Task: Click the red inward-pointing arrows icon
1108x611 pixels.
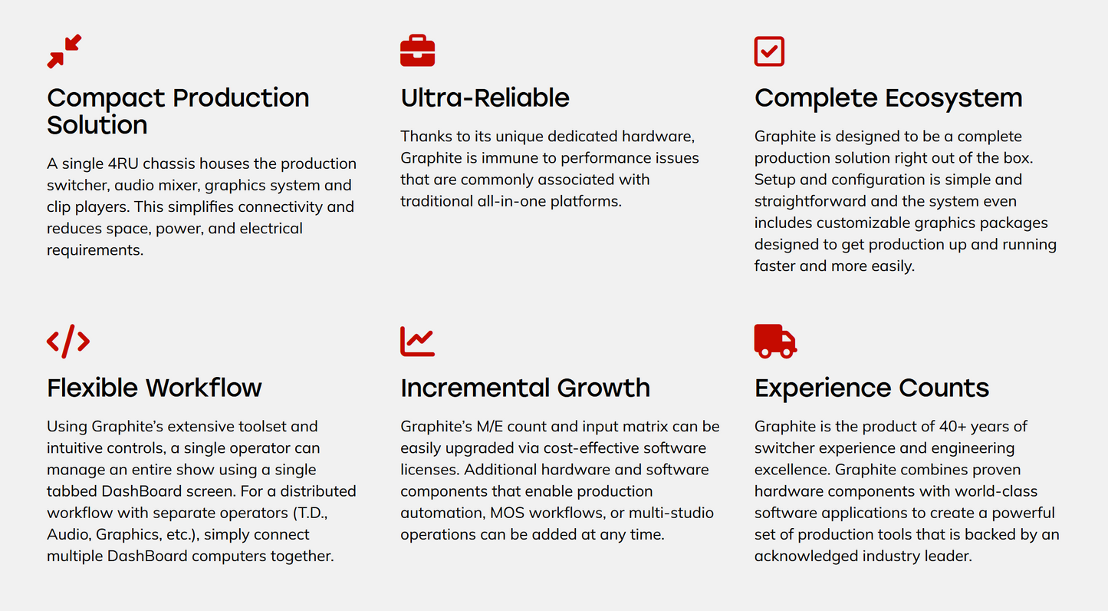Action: (x=64, y=51)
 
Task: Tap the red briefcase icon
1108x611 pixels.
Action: (x=417, y=51)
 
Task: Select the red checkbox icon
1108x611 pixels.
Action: (x=769, y=51)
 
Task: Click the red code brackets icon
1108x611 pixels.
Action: (x=68, y=341)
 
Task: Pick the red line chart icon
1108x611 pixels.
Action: (x=417, y=341)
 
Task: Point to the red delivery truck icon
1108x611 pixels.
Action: (x=776, y=341)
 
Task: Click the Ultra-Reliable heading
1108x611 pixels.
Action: (x=485, y=97)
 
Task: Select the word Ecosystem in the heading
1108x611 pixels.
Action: (x=954, y=98)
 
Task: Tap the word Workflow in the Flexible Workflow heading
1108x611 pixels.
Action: (x=204, y=388)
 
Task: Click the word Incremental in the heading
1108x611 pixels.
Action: (x=475, y=388)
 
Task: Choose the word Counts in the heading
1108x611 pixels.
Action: (x=944, y=388)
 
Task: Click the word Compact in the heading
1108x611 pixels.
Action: (x=106, y=98)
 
